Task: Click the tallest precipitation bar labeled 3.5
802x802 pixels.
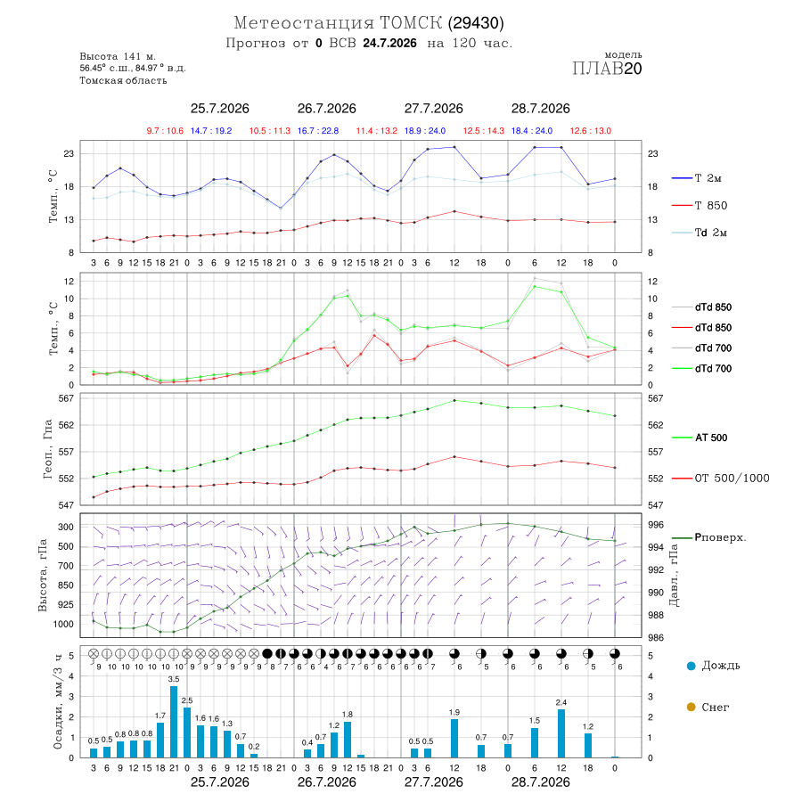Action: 174,722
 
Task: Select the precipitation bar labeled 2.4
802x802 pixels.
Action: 561,733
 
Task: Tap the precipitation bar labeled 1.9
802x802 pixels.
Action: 454,738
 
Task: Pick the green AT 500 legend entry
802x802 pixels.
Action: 700,438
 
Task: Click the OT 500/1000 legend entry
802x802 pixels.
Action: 720,479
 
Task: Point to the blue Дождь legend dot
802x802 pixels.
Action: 691,666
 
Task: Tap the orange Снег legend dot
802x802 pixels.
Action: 691,708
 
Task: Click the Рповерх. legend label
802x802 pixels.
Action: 720,537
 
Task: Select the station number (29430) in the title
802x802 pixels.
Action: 476,23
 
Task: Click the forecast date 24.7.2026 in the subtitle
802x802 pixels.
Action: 389,43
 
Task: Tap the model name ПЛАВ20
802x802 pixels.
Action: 607,69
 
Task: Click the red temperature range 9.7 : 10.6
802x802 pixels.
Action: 165,131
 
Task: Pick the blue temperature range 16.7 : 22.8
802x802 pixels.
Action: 317,131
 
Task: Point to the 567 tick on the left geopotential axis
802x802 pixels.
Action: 67,398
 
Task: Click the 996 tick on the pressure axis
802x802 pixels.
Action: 656,525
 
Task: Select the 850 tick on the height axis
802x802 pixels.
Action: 65,585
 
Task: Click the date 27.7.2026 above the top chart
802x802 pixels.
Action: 434,109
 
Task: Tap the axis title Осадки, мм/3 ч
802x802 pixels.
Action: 57,702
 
